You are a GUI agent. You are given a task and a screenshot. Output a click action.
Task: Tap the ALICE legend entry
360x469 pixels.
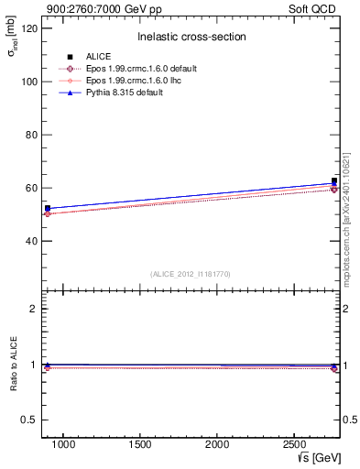(x=96, y=57)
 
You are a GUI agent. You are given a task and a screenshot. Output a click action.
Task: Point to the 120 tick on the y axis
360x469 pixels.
(x=29, y=28)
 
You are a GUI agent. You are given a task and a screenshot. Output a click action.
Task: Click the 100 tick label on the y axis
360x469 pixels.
(x=29, y=82)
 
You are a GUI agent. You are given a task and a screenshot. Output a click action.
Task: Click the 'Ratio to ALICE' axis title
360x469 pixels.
(x=13, y=365)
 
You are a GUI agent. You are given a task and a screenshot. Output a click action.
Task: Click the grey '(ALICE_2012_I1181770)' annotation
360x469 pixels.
(x=190, y=273)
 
